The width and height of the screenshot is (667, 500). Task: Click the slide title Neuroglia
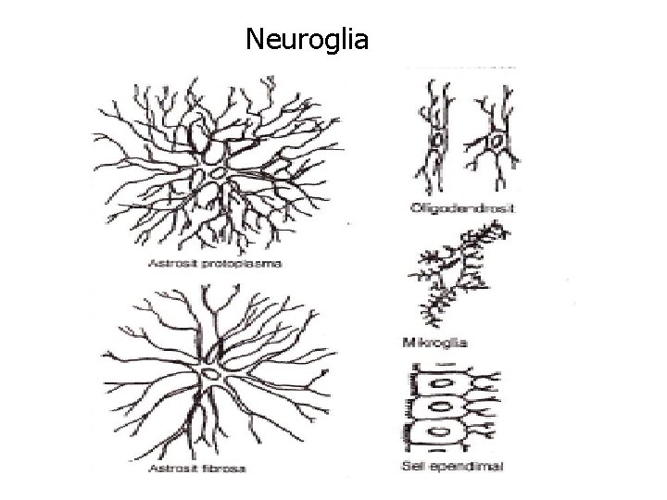(308, 40)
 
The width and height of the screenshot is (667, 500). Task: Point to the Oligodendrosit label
(462, 209)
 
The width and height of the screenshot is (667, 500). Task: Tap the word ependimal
(472, 466)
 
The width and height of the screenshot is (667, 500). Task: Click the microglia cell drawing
(456, 273)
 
